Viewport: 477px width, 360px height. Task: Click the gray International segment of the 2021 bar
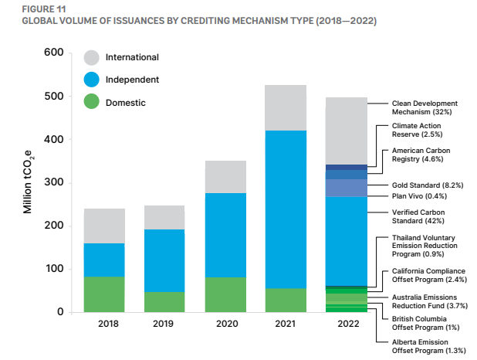point(286,108)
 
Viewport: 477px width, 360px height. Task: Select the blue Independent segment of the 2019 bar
point(164,260)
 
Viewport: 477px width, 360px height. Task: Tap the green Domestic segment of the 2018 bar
point(104,294)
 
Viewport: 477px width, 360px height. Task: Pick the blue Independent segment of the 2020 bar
point(225,235)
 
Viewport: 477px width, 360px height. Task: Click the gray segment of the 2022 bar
point(347,131)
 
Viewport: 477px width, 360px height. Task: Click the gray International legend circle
point(92,58)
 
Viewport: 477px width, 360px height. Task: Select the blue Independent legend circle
point(92,80)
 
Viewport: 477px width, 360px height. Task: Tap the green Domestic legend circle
point(92,101)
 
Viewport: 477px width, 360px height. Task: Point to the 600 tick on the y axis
point(53,52)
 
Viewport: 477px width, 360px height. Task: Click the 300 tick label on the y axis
point(53,182)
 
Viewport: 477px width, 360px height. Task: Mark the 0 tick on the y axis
point(60,312)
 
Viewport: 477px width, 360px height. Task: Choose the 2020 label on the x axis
point(227,324)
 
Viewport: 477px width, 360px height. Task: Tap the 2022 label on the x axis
point(348,324)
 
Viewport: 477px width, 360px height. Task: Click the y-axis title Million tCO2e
point(28,182)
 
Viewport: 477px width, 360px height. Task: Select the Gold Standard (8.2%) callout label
point(428,185)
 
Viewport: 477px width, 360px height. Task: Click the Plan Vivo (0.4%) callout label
point(419,196)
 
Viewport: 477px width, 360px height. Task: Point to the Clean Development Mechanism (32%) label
point(425,107)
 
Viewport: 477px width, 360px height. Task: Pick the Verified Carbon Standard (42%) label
point(418,216)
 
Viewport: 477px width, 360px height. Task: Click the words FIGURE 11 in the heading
point(44,9)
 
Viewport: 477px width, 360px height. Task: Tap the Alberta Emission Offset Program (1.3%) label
point(428,346)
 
